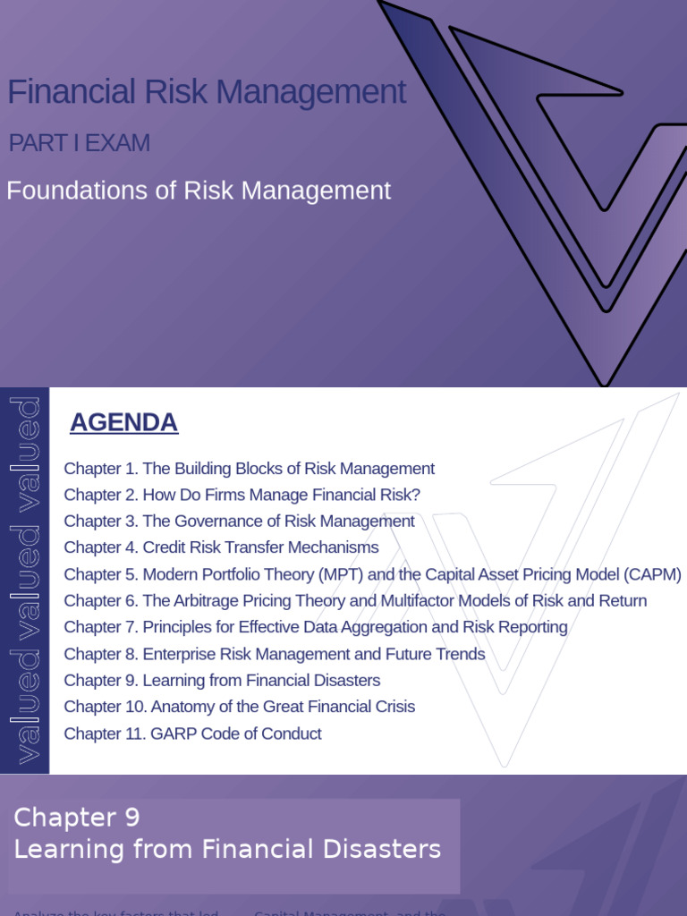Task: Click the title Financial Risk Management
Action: click(207, 92)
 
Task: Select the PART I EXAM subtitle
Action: click(79, 143)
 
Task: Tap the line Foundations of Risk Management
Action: click(199, 191)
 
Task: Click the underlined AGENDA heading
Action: click(124, 422)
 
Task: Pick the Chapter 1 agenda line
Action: click(249, 469)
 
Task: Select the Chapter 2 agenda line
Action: click(242, 495)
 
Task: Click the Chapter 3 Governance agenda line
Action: click(239, 522)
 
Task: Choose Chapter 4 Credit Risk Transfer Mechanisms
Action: click(221, 547)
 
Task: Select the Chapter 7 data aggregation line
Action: click(316, 627)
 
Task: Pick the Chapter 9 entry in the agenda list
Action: click(222, 681)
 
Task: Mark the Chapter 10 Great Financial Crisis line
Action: click(239, 707)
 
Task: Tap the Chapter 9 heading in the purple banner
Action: click(77, 818)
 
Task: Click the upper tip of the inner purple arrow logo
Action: click(456, 31)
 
